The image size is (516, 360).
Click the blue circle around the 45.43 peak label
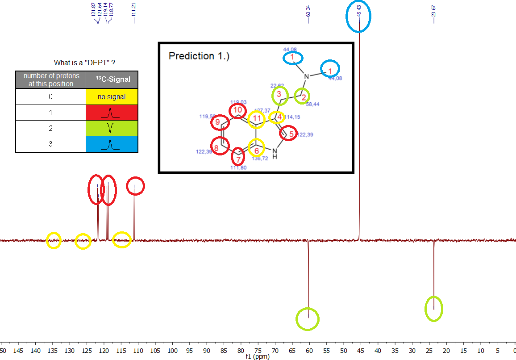359,17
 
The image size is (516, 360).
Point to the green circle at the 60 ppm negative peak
308,319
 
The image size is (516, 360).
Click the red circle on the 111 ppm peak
135,186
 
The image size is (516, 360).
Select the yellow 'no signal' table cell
112,96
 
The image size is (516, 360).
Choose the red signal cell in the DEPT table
112,113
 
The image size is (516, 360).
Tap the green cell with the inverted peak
112,129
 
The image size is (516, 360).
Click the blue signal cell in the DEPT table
112,144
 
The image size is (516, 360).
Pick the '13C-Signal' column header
112,80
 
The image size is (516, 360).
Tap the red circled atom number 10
238,110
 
